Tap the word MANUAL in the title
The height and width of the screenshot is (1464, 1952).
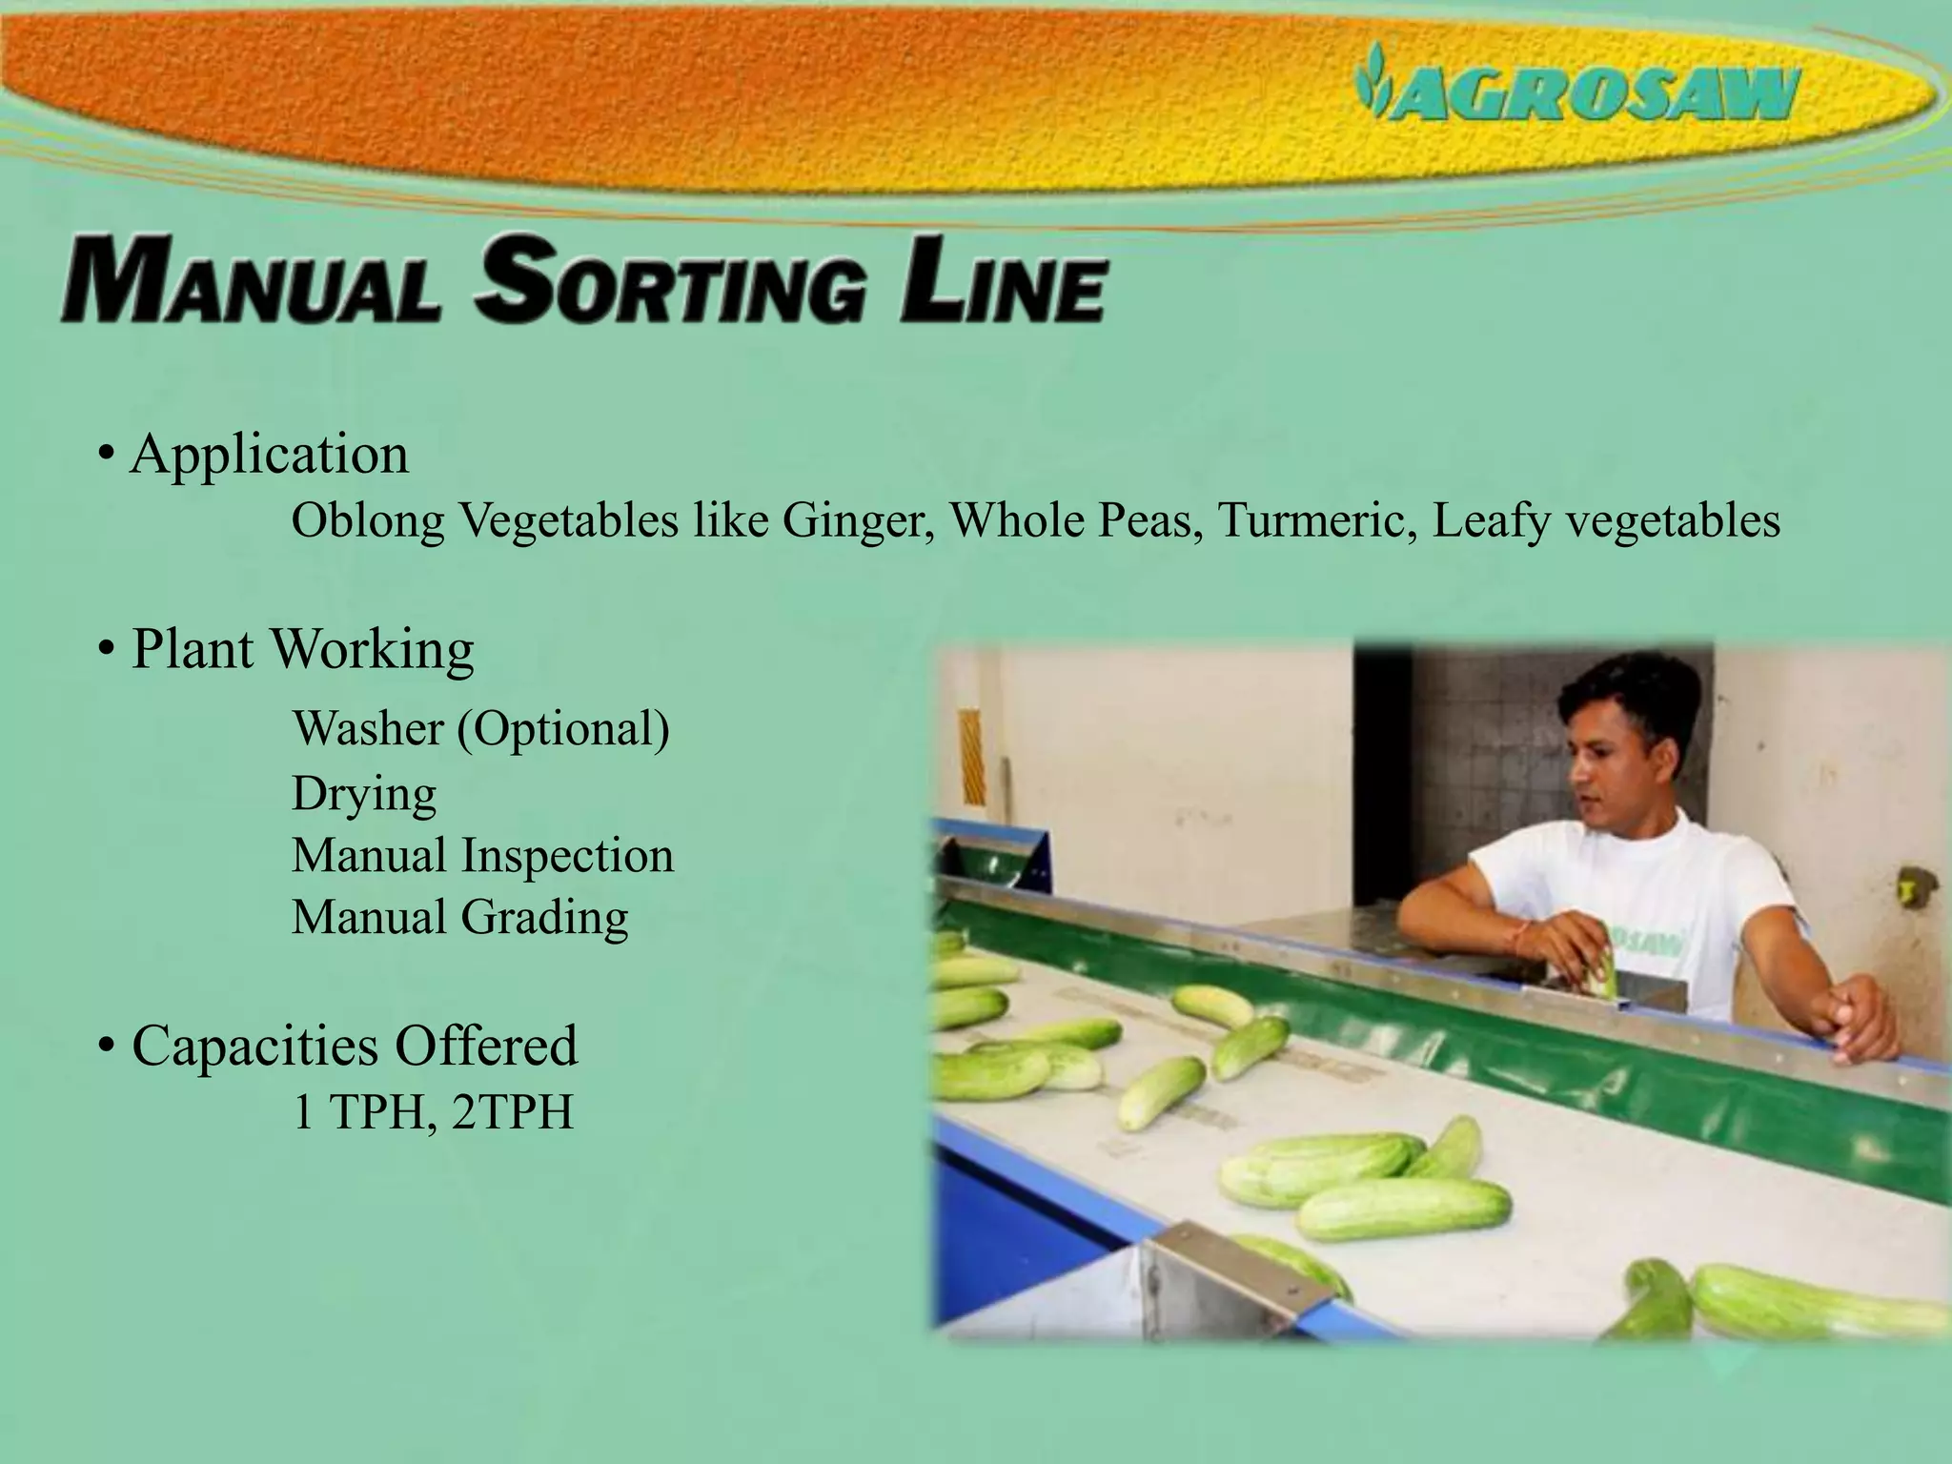[250, 283]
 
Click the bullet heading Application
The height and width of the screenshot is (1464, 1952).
[270, 454]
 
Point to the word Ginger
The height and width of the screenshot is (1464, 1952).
[858, 521]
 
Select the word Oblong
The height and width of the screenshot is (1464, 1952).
[368, 522]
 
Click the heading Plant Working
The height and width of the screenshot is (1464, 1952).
[302, 650]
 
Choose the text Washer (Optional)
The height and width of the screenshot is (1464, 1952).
[481, 729]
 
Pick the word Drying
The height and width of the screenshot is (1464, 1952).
[364, 793]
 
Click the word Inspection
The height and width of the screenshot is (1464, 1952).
[567, 855]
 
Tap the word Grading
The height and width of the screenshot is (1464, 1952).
[544, 919]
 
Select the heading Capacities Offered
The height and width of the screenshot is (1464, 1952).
[355, 1046]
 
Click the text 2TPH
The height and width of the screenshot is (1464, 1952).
[513, 1111]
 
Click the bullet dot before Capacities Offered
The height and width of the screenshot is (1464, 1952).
[107, 1047]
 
